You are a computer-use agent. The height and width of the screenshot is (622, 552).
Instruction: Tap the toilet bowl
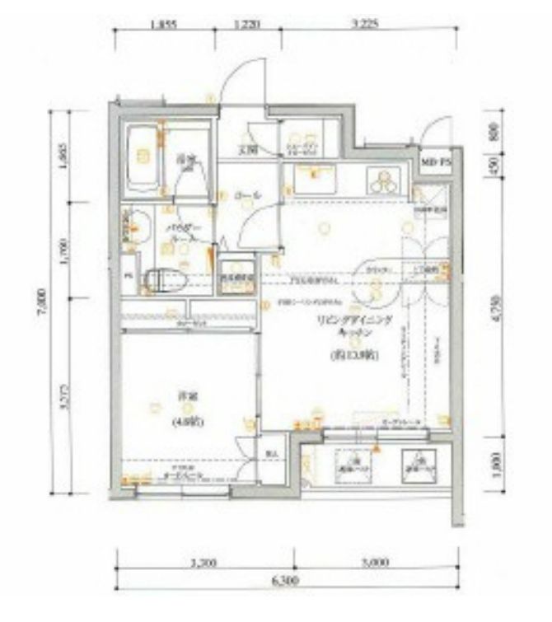161,280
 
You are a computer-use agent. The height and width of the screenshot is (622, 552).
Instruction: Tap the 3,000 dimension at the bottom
375,564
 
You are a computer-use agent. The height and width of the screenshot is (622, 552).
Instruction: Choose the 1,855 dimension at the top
165,26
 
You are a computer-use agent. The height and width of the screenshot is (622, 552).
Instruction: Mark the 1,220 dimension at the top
246,26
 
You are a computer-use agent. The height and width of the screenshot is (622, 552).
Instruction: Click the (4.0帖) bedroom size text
185,423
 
